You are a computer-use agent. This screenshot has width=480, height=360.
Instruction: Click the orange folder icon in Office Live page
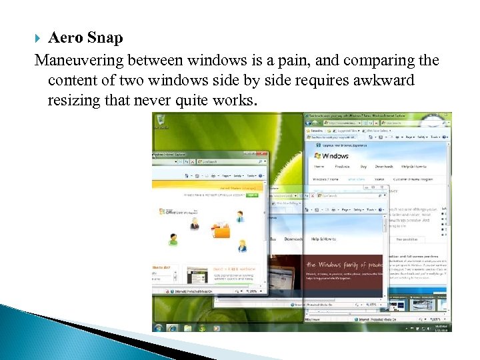tap(220, 231)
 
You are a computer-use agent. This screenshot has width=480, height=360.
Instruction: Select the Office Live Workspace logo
tap(174, 212)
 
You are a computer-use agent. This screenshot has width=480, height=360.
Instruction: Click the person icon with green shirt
tap(173, 239)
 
